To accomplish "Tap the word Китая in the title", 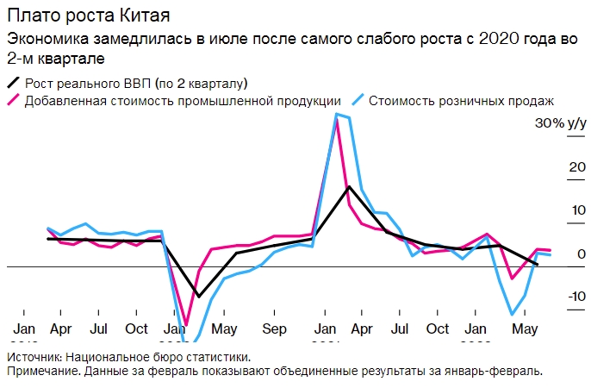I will (138, 16).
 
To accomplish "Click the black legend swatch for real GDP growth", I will (13, 83).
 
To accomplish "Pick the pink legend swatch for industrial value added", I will (13, 100).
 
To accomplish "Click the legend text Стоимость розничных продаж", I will (461, 100).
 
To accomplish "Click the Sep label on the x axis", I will (274, 329).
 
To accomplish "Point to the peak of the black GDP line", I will (348, 186).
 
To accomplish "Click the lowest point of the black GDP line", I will (198, 297).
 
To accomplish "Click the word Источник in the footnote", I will (33, 357).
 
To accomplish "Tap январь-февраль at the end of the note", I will (500, 371).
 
